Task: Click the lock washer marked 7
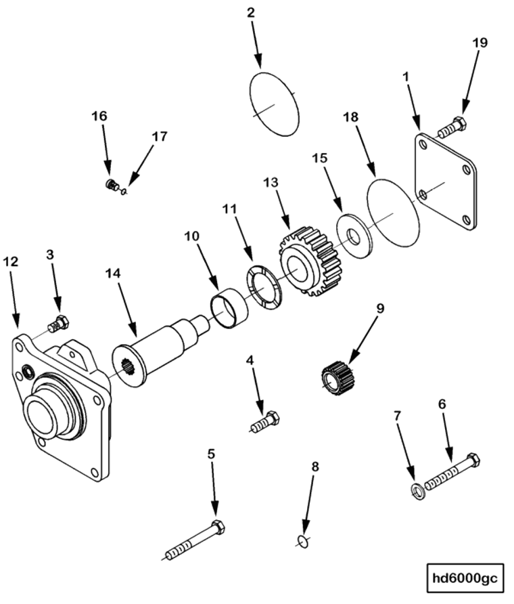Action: (x=418, y=492)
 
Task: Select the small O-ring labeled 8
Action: (x=303, y=540)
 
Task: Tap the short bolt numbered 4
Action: (x=266, y=423)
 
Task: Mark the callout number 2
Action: (x=251, y=14)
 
